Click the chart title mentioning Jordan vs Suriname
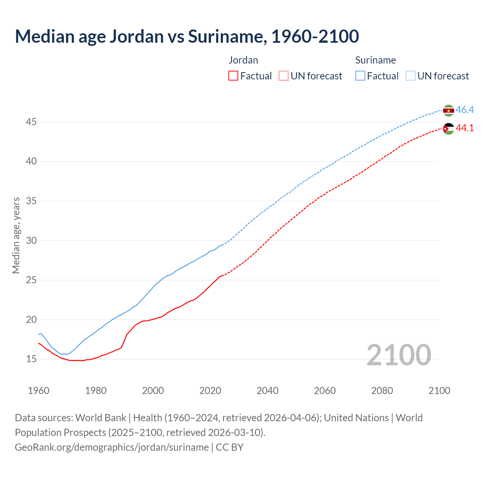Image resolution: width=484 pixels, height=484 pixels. point(187,37)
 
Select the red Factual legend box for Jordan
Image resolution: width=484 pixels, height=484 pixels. point(233,76)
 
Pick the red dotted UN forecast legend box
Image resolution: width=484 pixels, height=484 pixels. point(284,76)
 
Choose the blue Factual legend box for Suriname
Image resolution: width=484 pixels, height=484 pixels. point(360,76)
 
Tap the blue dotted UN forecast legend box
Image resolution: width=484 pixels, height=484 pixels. point(411,76)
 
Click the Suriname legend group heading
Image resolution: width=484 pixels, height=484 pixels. point(375,60)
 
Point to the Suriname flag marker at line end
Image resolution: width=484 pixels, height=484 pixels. point(448,110)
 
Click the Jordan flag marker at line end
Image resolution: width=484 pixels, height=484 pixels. point(448,129)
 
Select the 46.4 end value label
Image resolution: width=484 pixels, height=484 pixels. point(465,110)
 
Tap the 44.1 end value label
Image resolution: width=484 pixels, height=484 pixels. point(465,128)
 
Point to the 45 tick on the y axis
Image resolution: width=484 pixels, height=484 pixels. point(31,122)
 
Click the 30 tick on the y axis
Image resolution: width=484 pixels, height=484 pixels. point(31,240)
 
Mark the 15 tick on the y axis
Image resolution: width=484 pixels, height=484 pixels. point(31,359)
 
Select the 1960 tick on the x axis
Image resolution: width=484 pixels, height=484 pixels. point(39,391)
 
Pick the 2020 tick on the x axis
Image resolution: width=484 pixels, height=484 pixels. point(210,391)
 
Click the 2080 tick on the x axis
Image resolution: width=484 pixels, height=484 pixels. point(382,391)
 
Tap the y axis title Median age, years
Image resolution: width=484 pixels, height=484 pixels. point(16,235)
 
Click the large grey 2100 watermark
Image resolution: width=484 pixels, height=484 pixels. point(399,355)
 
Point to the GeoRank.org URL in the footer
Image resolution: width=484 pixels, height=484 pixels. point(112,447)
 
